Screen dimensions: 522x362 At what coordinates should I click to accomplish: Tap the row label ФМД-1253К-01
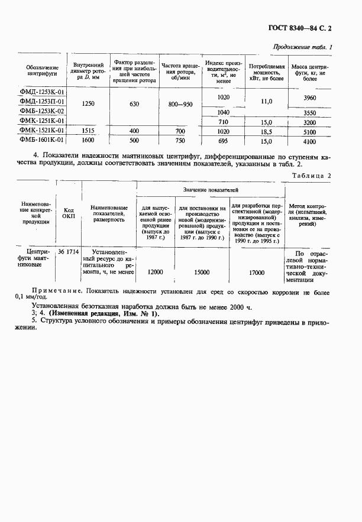click(43, 92)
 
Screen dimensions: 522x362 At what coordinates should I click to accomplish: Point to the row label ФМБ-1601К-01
click(43, 140)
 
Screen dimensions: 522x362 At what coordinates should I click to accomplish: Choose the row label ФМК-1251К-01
click(43, 121)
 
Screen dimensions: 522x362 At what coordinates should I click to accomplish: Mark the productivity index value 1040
click(223, 112)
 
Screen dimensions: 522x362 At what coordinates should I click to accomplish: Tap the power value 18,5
click(266, 131)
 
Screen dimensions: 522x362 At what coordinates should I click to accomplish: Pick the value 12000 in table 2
click(156, 271)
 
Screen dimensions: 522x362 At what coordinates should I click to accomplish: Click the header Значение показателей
click(210, 190)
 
